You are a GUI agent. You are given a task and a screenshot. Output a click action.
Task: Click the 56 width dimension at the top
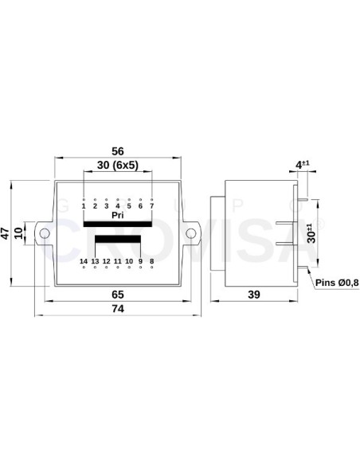click(x=118, y=152)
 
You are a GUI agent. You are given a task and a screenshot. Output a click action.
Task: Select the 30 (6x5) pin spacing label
click(x=118, y=165)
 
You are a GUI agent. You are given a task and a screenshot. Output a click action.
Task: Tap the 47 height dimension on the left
click(x=6, y=232)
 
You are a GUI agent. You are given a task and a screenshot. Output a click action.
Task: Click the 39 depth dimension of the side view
click(x=255, y=295)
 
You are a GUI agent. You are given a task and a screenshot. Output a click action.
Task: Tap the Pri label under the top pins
click(x=118, y=215)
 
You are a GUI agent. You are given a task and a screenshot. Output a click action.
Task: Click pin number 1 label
click(x=84, y=206)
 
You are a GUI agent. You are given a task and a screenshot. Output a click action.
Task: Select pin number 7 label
click(x=151, y=206)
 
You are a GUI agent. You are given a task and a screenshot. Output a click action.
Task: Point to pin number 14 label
click(x=84, y=261)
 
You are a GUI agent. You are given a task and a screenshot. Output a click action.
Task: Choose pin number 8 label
click(x=151, y=261)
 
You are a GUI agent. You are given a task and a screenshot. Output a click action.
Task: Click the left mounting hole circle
click(x=45, y=233)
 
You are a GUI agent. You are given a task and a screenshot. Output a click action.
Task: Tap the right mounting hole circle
click(x=190, y=233)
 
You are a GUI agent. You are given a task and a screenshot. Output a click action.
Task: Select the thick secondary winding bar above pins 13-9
click(x=118, y=240)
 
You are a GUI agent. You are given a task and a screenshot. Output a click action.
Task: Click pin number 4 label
click(x=118, y=206)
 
